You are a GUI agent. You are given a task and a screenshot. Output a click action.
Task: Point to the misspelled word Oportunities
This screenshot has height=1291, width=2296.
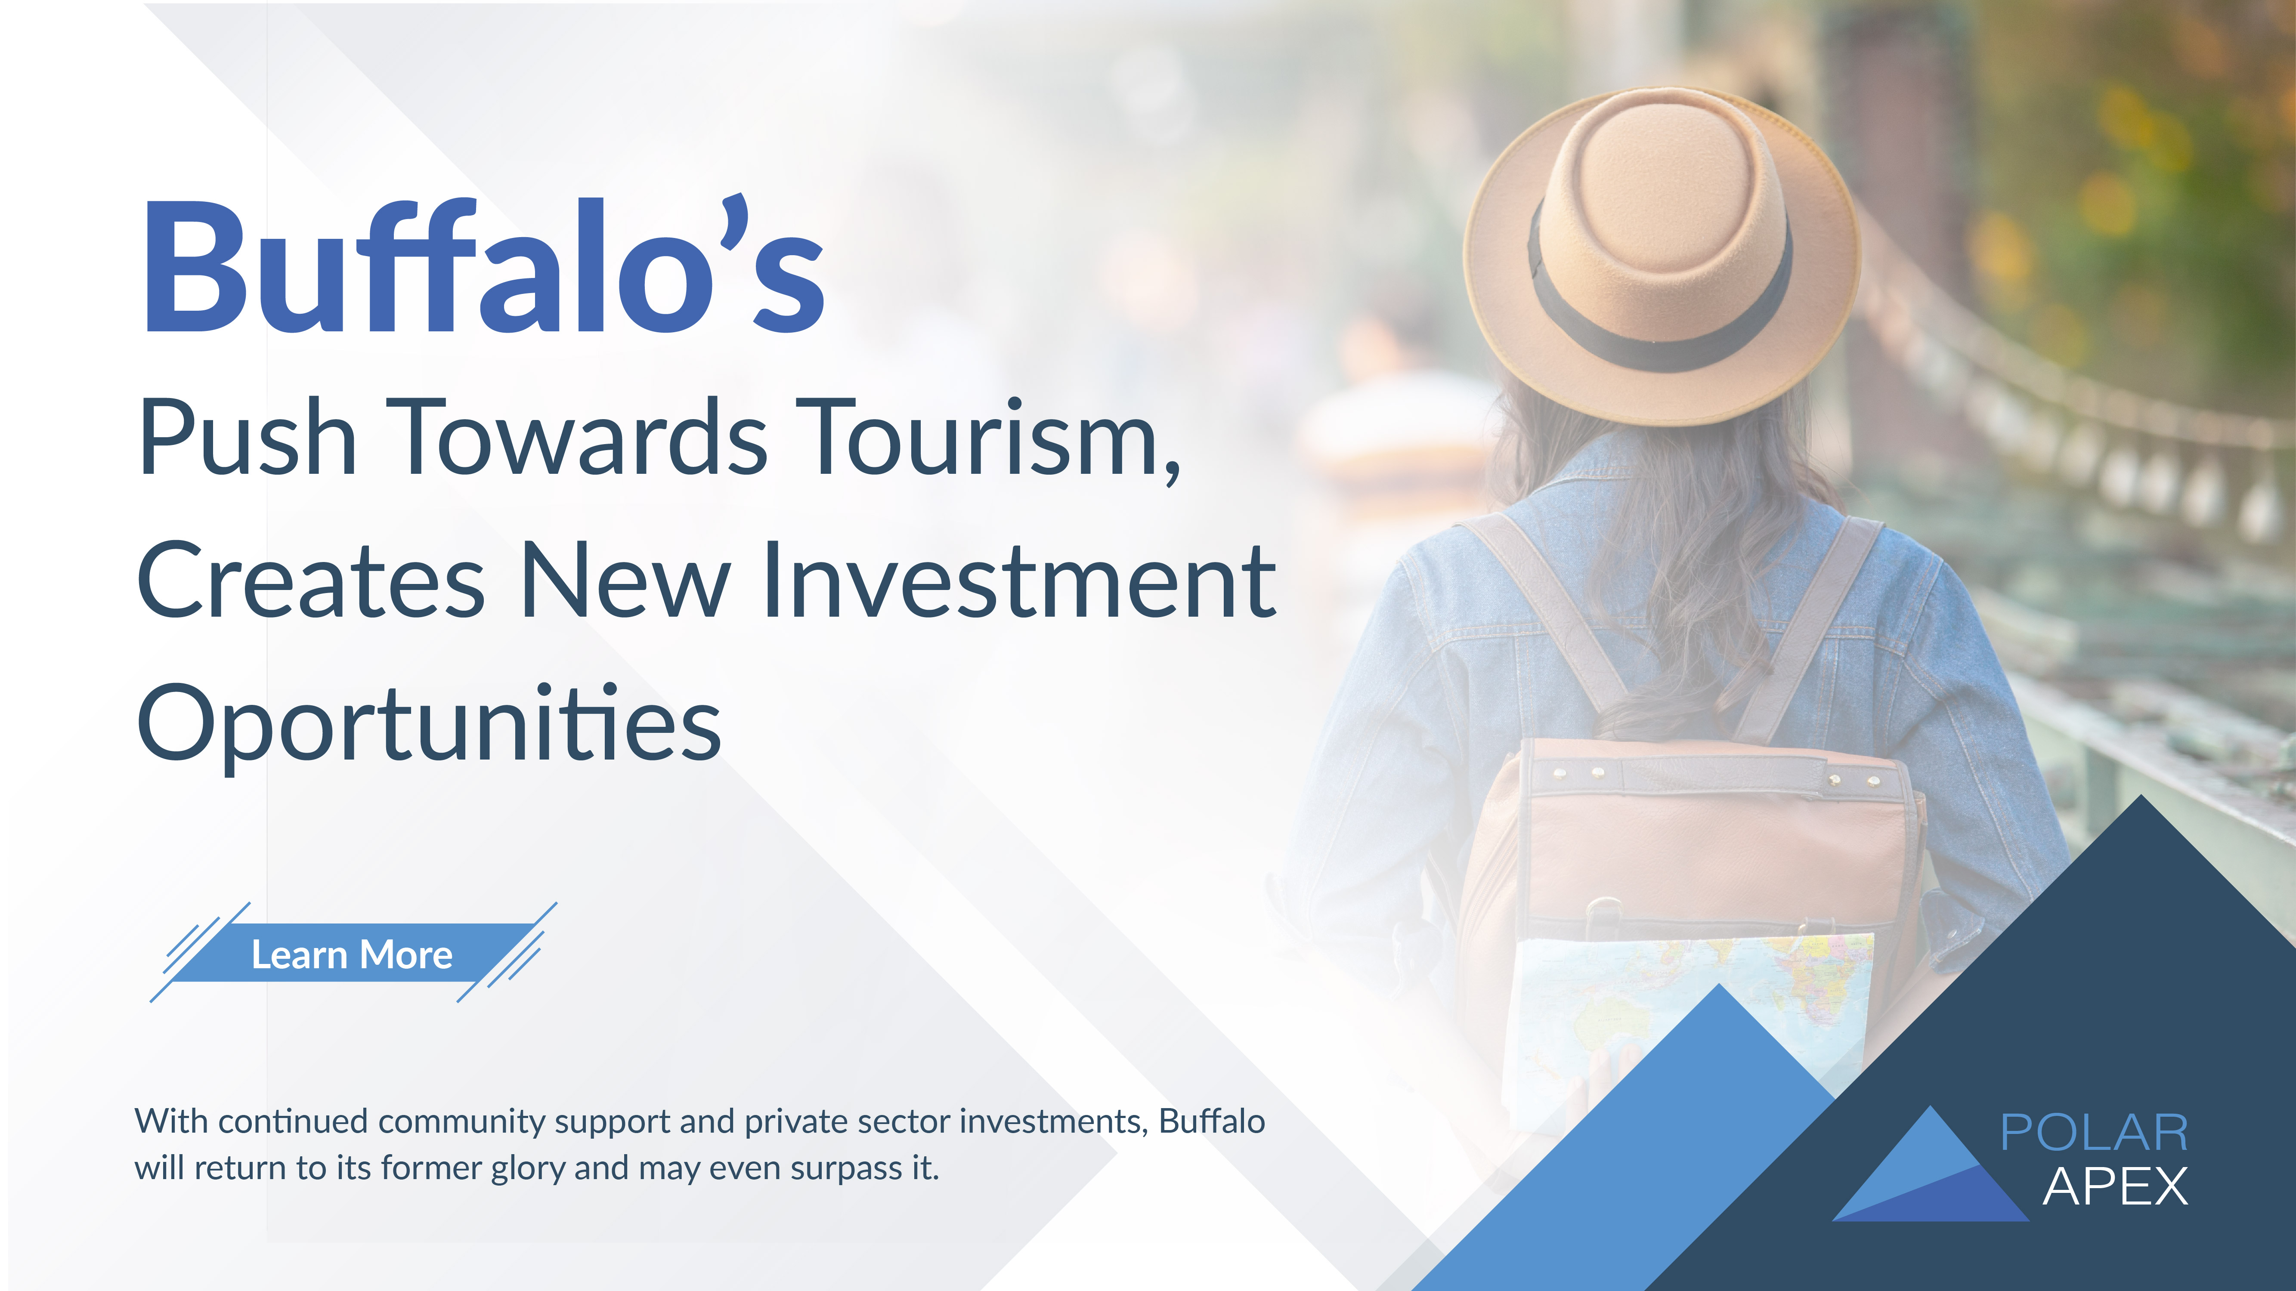tap(429, 723)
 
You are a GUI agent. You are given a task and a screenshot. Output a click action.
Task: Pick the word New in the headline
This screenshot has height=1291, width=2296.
tap(625, 581)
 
